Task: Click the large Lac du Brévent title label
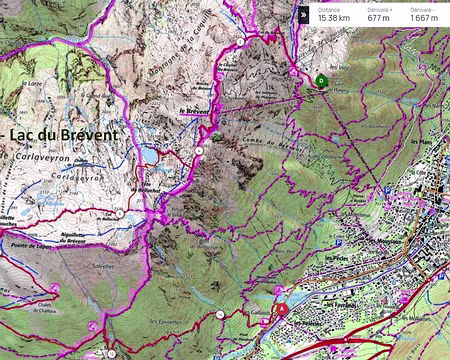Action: click(x=75, y=134)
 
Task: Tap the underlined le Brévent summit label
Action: click(x=196, y=113)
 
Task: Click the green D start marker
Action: click(x=320, y=81)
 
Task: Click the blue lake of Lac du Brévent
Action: click(x=148, y=155)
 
